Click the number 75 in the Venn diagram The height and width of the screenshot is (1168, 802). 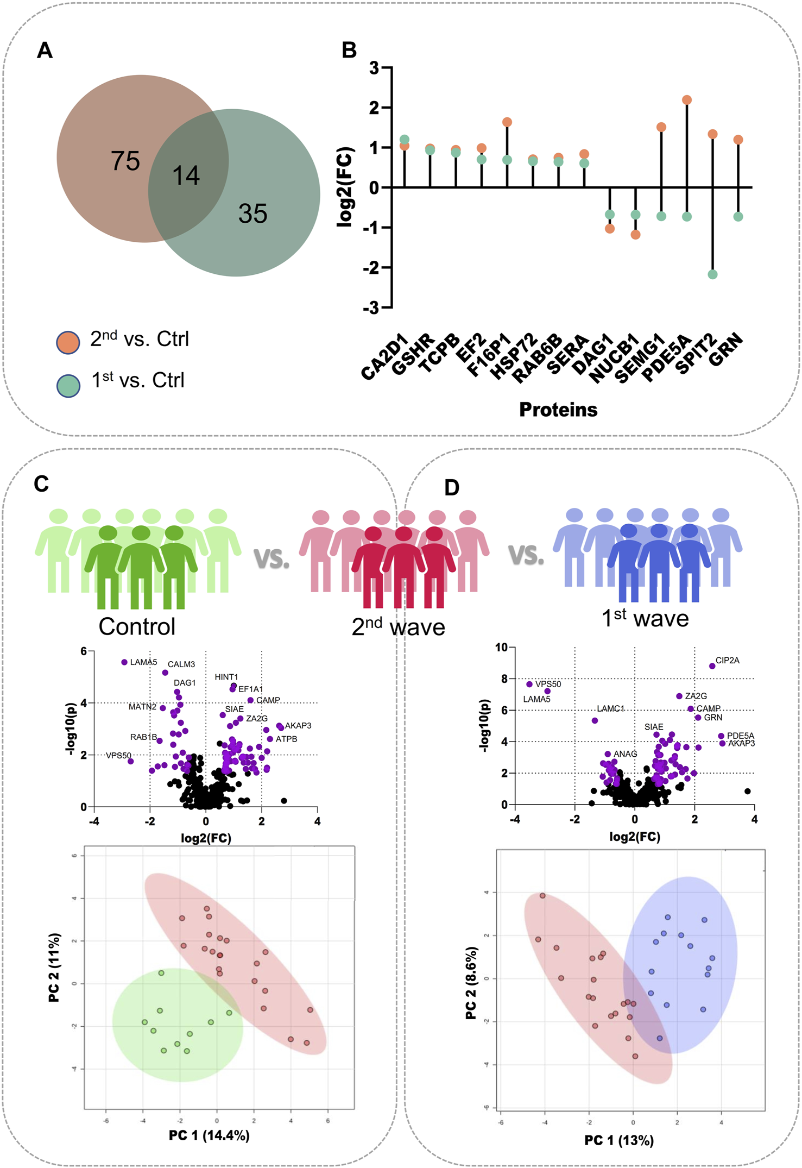tap(125, 161)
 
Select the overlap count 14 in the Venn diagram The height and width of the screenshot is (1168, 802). tap(186, 176)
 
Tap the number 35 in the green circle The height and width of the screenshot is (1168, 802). tap(252, 214)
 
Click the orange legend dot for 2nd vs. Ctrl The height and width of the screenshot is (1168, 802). tap(68, 343)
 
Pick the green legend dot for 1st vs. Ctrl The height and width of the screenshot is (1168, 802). tap(68, 385)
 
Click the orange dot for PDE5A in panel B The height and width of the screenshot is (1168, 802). tap(687, 100)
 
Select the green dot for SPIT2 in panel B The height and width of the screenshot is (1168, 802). tap(713, 274)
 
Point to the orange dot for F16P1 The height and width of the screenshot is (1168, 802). tap(507, 122)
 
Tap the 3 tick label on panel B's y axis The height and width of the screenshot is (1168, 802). tap(374, 68)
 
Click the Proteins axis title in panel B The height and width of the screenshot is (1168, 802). tap(558, 410)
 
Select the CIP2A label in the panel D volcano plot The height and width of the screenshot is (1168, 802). tap(727, 661)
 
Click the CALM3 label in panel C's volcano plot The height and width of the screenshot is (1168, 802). tap(181, 664)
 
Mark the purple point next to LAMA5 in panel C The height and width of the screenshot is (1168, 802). tap(124, 662)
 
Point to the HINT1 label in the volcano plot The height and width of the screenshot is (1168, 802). tap(226, 677)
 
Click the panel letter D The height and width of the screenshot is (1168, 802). tap(452, 487)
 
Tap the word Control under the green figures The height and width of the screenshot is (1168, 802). tap(137, 627)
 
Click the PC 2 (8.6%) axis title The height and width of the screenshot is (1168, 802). tap(471, 983)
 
